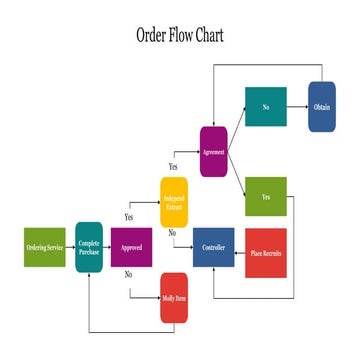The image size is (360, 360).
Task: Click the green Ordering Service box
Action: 44,247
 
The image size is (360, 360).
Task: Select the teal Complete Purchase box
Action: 89,247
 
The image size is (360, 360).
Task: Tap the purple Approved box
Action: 131,247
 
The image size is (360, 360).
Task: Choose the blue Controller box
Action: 213,247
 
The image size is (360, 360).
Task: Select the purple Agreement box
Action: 213,151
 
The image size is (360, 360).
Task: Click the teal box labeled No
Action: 266,108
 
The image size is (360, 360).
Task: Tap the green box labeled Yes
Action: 266,196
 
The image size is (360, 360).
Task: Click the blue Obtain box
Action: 321,108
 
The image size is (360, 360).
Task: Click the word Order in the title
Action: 155,35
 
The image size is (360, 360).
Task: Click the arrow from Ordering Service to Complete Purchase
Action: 71,247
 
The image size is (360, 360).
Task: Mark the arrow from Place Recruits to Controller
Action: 239,247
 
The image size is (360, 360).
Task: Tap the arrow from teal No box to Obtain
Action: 297,108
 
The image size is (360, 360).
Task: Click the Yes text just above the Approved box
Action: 129,216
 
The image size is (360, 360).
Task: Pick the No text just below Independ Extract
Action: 172,232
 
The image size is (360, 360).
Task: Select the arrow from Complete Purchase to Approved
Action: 107,247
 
